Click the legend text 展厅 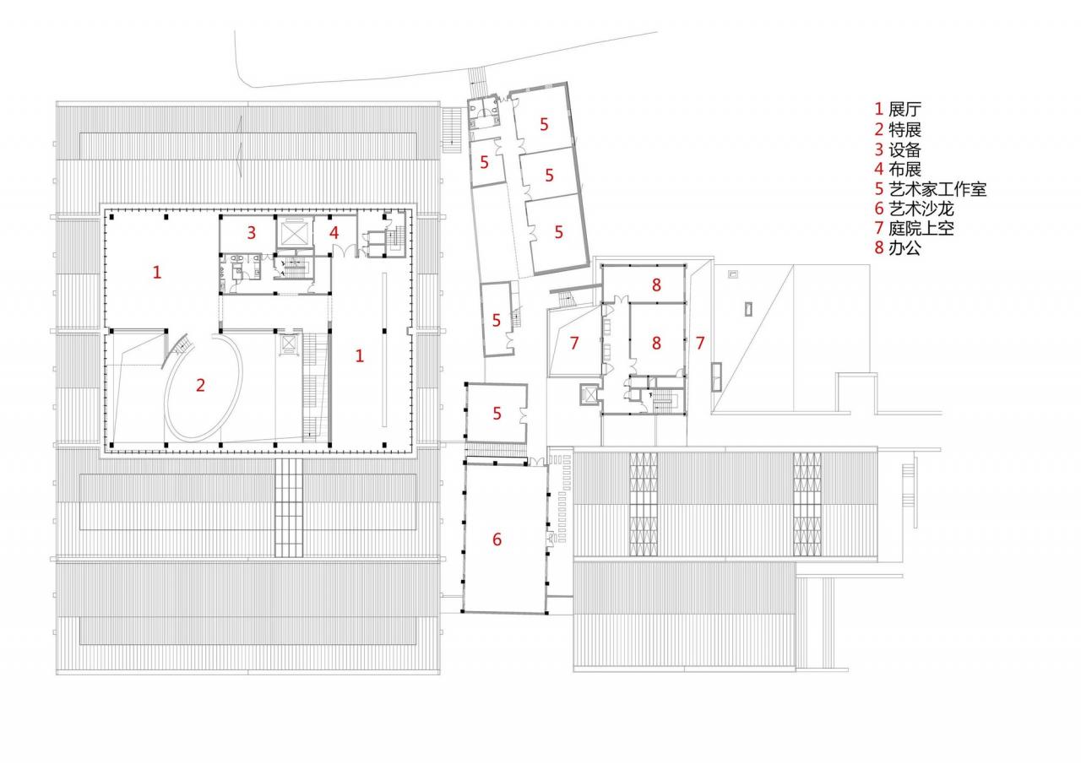point(904,110)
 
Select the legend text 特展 point(904,130)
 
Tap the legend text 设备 point(904,149)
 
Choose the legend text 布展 point(904,170)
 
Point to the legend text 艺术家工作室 point(937,189)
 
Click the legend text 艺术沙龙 point(921,209)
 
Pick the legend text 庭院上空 point(921,229)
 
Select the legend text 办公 point(904,248)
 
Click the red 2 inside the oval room point(200,385)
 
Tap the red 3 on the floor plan point(251,233)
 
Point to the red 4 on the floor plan point(334,233)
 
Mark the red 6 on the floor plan point(497,539)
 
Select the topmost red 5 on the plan point(545,124)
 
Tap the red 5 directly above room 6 point(497,414)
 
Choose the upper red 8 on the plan point(656,285)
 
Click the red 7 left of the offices point(573,344)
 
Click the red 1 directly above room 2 point(157,273)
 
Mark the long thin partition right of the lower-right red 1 point(384,349)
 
